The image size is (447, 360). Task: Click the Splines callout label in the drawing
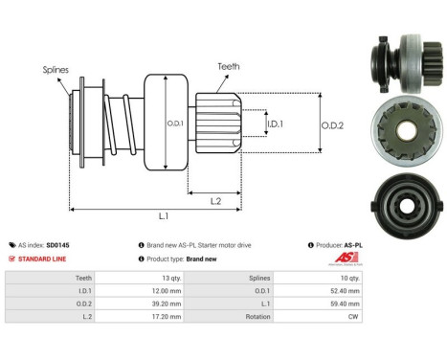(54, 70)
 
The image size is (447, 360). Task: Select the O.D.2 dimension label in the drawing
(332, 124)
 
